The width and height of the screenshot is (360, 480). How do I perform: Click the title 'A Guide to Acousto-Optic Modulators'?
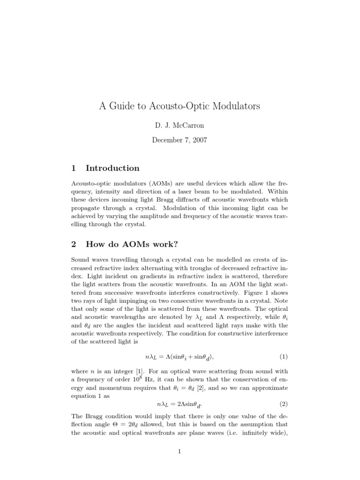[180, 106]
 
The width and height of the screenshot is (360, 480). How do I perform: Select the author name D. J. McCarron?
[180, 126]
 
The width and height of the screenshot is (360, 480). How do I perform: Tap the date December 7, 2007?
[180, 140]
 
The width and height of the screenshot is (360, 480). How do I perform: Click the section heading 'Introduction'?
[112, 168]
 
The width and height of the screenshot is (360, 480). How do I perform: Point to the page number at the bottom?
[180, 451]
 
